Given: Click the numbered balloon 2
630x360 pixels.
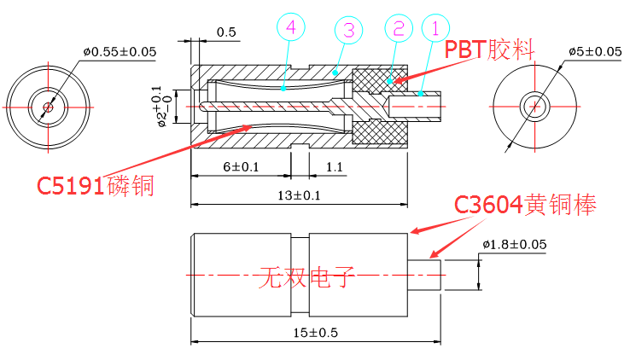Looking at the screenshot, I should tap(400, 29).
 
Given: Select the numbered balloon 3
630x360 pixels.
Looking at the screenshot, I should tap(347, 29).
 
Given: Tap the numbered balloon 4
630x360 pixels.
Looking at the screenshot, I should tap(291, 28).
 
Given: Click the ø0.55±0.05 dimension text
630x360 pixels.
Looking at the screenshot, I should tap(120, 51).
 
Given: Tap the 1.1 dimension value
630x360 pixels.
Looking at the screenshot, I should tap(333, 166).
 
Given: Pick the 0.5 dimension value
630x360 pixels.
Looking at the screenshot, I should tap(226, 32).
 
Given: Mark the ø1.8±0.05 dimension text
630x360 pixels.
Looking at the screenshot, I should tap(514, 246).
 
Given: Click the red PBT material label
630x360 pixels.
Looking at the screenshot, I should tap(489, 49).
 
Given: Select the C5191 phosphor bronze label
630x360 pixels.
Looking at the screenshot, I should tap(95, 185).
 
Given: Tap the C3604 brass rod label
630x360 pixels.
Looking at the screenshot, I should tap(524, 205).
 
